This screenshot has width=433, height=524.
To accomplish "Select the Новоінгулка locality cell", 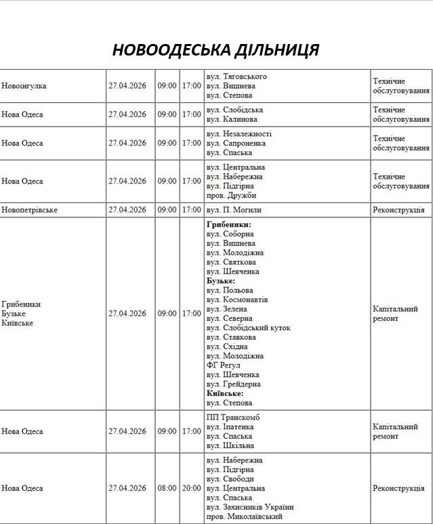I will [x=24, y=86].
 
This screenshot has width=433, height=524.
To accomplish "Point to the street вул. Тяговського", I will [x=236, y=77].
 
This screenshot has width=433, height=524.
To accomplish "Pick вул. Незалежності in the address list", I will [x=239, y=134].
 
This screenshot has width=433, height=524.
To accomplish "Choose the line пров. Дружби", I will [x=232, y=196].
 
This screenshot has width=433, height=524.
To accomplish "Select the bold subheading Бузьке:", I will [x=221, y=280].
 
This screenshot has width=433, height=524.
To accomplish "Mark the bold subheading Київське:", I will [x=225, y=393].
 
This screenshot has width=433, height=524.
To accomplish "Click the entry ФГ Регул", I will [x=224, y=365].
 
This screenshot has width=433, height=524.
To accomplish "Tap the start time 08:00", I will [x=167, y=488].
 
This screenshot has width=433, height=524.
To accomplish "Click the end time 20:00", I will [x=192, y=488].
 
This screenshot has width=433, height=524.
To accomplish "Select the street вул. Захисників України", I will [x=250, y=507].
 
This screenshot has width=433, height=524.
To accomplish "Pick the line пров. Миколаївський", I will [x=245, y=517].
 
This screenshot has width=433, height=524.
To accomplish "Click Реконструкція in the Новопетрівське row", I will [x=398, y=210].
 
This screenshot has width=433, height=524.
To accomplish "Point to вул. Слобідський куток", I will [x=249, y=328].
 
